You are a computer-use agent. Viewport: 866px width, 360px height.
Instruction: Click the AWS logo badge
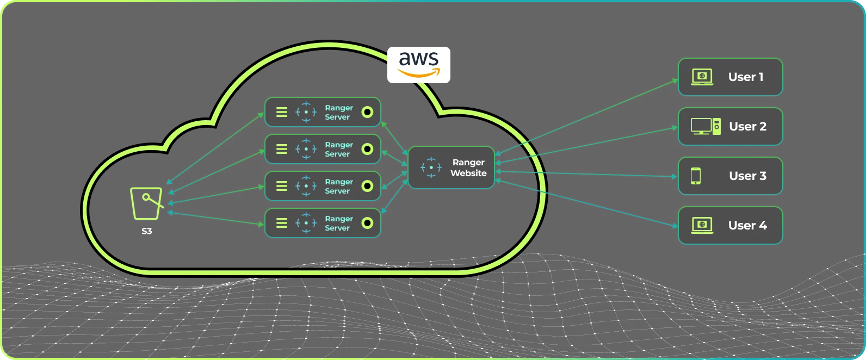point(419,65)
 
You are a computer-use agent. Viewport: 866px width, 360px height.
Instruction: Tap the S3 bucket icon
point(147,204)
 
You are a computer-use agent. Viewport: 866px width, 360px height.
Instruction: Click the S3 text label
point(146,231)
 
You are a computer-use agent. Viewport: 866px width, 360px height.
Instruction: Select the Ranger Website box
point(451,167)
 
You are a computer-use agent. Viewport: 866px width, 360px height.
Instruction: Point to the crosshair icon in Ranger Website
point(431,167)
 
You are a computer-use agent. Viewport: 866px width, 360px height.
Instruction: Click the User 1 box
point(731,77)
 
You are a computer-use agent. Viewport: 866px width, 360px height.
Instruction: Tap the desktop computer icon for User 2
point(706,127)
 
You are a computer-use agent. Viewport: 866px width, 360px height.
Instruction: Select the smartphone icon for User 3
point(696,176)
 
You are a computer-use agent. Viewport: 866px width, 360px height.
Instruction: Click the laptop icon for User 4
point(702,226)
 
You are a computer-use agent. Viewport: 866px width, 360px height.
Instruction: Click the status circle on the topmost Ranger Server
point(367,112)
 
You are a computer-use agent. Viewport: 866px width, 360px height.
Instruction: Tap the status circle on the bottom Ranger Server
point(367,223)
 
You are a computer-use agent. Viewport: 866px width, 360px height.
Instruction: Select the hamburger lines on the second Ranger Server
point(282,149)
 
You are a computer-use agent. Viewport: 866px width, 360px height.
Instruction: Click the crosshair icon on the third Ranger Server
point(306,186)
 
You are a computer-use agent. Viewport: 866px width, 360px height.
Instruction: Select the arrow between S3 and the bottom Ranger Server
point(216,218)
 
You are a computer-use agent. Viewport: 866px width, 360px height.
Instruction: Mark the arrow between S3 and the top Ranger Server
point(215,148)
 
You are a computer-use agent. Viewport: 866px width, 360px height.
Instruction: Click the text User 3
point(747,176)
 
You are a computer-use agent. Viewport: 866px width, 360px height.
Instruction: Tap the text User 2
point(747,127)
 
